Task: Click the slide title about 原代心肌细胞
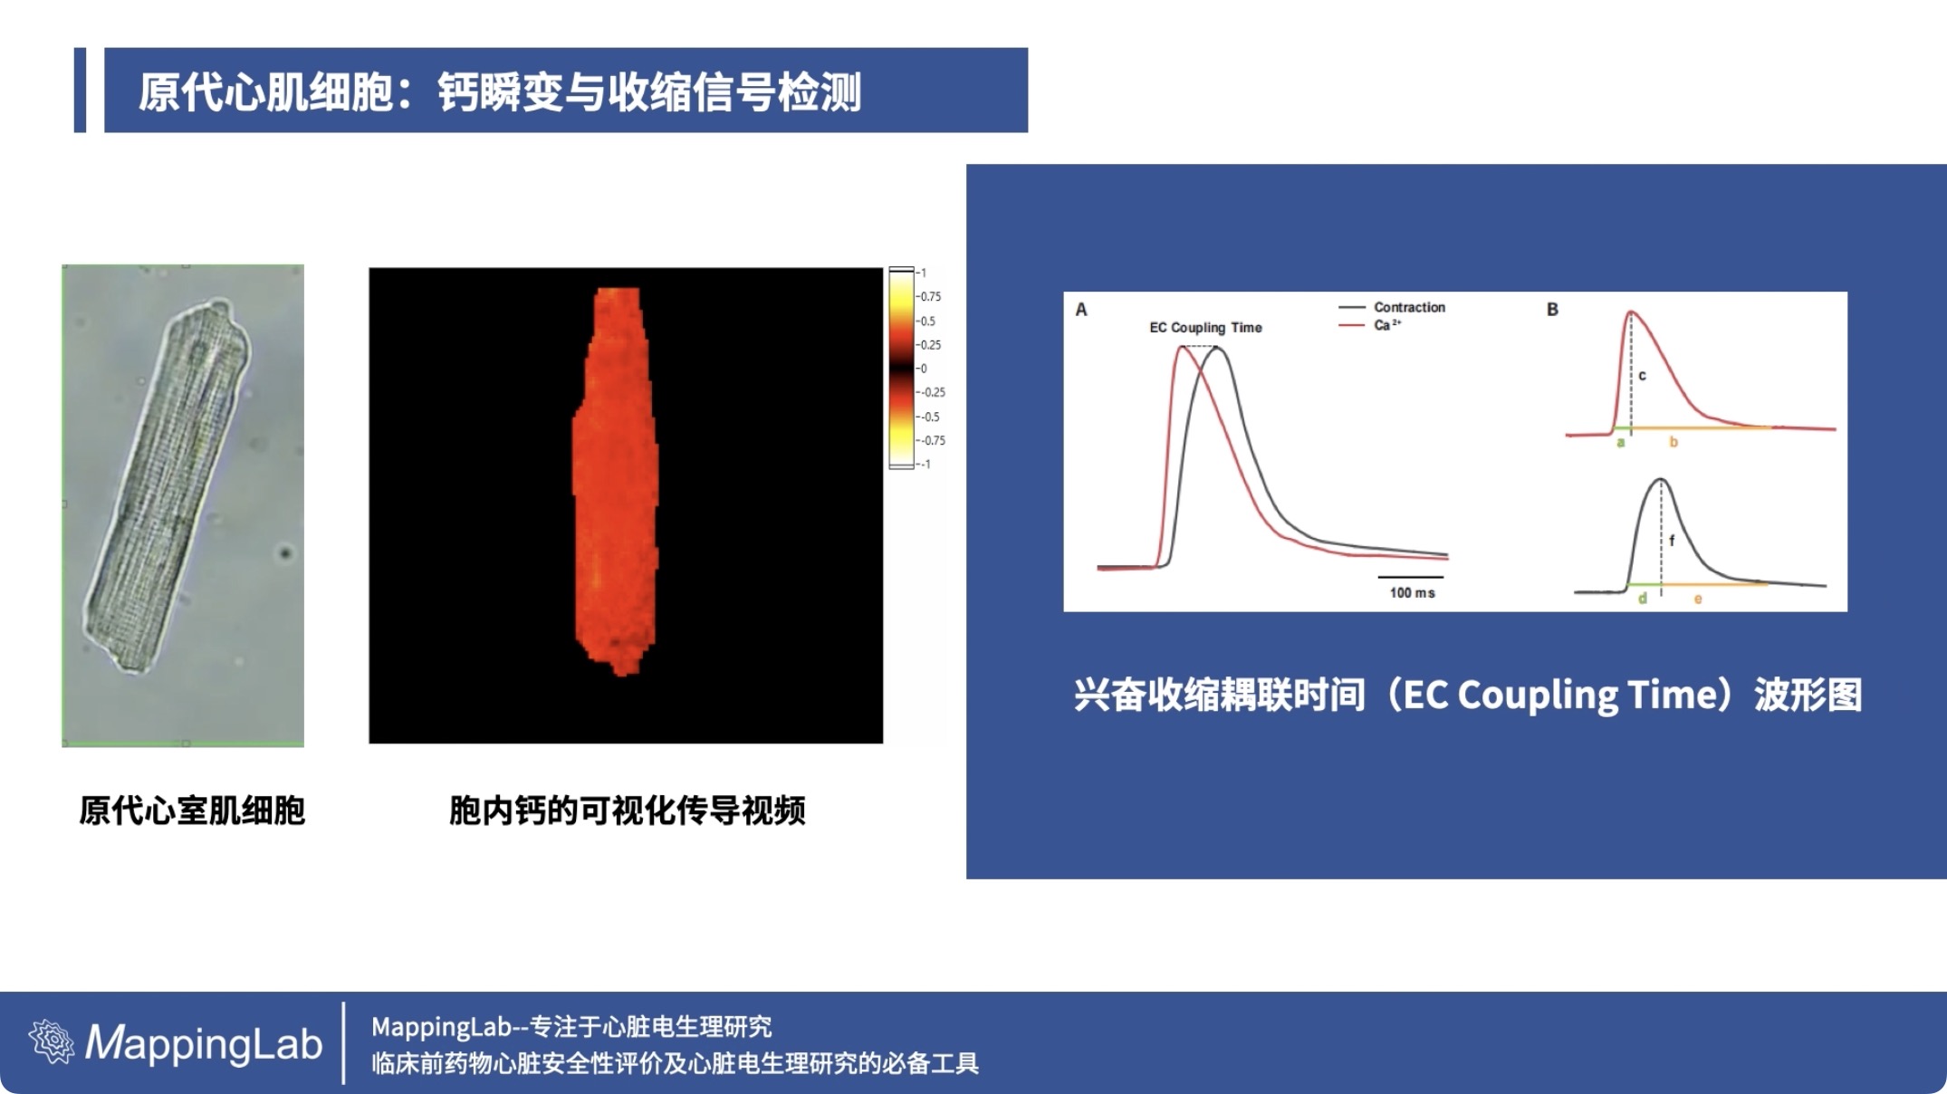(499, 91)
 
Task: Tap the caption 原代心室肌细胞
(192, 811)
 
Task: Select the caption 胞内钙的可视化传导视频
(627, 811)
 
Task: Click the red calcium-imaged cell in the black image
(617, 480)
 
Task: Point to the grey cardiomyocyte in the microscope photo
(167, 487)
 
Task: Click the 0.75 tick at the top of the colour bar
(930, 297)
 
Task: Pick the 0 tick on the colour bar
(923, 369)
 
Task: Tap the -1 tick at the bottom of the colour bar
(925, 465)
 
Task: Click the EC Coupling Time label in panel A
(1205, 328)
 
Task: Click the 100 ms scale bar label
(1412, 592)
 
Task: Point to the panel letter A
(1080, 310)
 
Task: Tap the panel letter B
(1552, 310)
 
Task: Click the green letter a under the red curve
(1620, 443)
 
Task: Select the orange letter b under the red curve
(1674, 442)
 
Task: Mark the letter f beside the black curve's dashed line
(1672, 540)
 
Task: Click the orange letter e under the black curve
(1698, 600)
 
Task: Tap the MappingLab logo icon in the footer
(52, 1041)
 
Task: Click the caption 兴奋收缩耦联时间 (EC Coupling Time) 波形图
(1468, 696)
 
